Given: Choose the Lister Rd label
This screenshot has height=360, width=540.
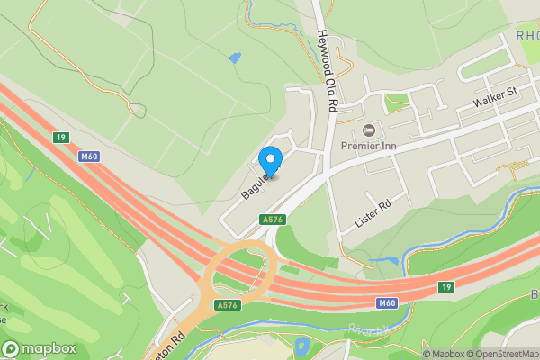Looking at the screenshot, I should [x=373, y=212].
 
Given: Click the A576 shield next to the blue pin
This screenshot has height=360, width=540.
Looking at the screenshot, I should [x=273, y=220].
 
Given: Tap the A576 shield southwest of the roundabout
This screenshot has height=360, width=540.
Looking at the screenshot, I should [x=227, y=306].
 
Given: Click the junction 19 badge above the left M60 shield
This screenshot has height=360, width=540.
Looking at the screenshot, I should [x=60, y=137].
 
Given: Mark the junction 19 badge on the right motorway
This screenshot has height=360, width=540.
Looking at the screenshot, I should [x=445, y=286].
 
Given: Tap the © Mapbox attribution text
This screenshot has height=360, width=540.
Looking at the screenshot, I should [x=441, y=354].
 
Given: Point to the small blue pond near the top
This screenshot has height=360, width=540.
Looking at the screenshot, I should [x=235, y=59].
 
